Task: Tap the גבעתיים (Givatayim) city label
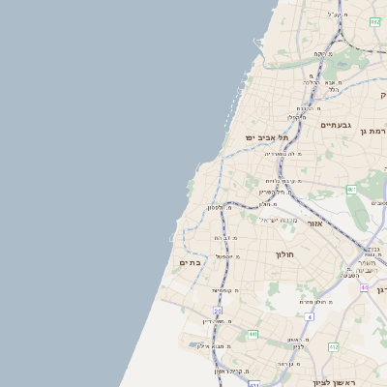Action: coord(335,125)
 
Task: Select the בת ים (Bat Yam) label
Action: coord(189,262)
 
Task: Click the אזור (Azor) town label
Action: coord(315,223)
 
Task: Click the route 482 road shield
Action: coord(375,21)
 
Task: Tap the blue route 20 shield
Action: coord(219,311)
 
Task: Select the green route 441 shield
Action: coord(253,334)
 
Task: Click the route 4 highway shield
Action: coord(310,316)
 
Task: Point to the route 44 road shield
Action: coord(364,286)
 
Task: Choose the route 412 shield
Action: coord(333,346)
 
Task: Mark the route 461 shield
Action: coord(352,190)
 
